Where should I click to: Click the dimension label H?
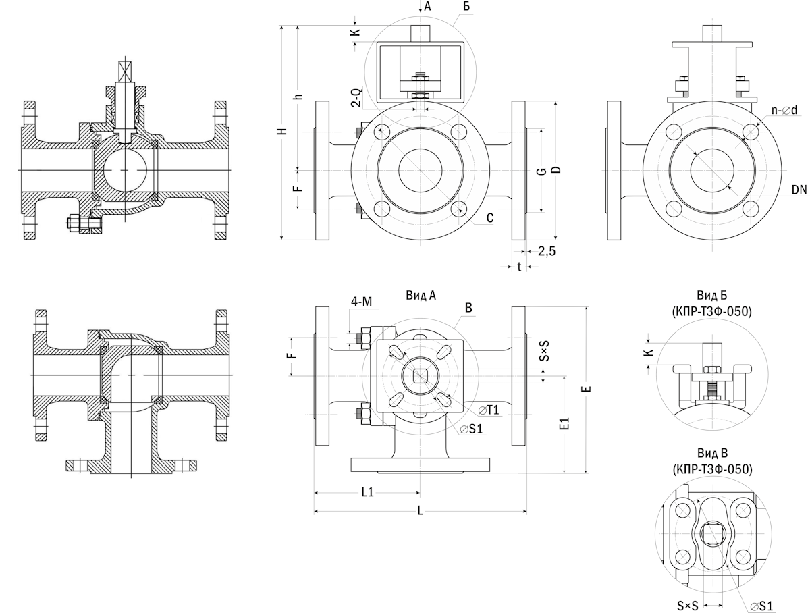(285, 131)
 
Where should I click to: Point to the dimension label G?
(541, 171)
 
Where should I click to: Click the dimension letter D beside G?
(555, 170)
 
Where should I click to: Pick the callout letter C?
(490, 217)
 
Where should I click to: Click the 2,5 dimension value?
(547, 252)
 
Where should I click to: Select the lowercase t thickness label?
(519, 267)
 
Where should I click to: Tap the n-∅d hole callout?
(784, 110)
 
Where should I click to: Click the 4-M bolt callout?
(360, 301)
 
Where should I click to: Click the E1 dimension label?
(566, 424)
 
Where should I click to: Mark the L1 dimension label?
(367, 492)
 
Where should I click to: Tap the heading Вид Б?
(711, 296)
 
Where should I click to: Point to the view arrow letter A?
(427, 7)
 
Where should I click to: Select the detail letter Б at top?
(466, 7)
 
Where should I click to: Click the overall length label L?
(420, 511)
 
